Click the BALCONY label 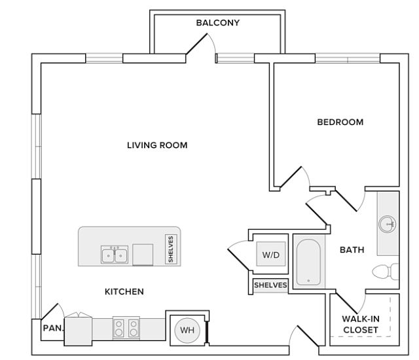218,23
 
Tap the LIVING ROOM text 157,145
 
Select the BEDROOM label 340,122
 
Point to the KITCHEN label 124,292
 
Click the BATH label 352,250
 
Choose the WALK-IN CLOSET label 361,325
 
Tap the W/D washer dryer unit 271,254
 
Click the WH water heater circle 187,331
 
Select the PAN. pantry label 53,328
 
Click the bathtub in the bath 308,262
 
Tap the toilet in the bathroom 386,272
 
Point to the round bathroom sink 387,224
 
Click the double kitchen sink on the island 115,255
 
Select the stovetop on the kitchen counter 126,328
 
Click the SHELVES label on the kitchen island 171,249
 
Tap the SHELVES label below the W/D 270,285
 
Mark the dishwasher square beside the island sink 143,255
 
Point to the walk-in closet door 347,303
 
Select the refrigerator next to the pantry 79,331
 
